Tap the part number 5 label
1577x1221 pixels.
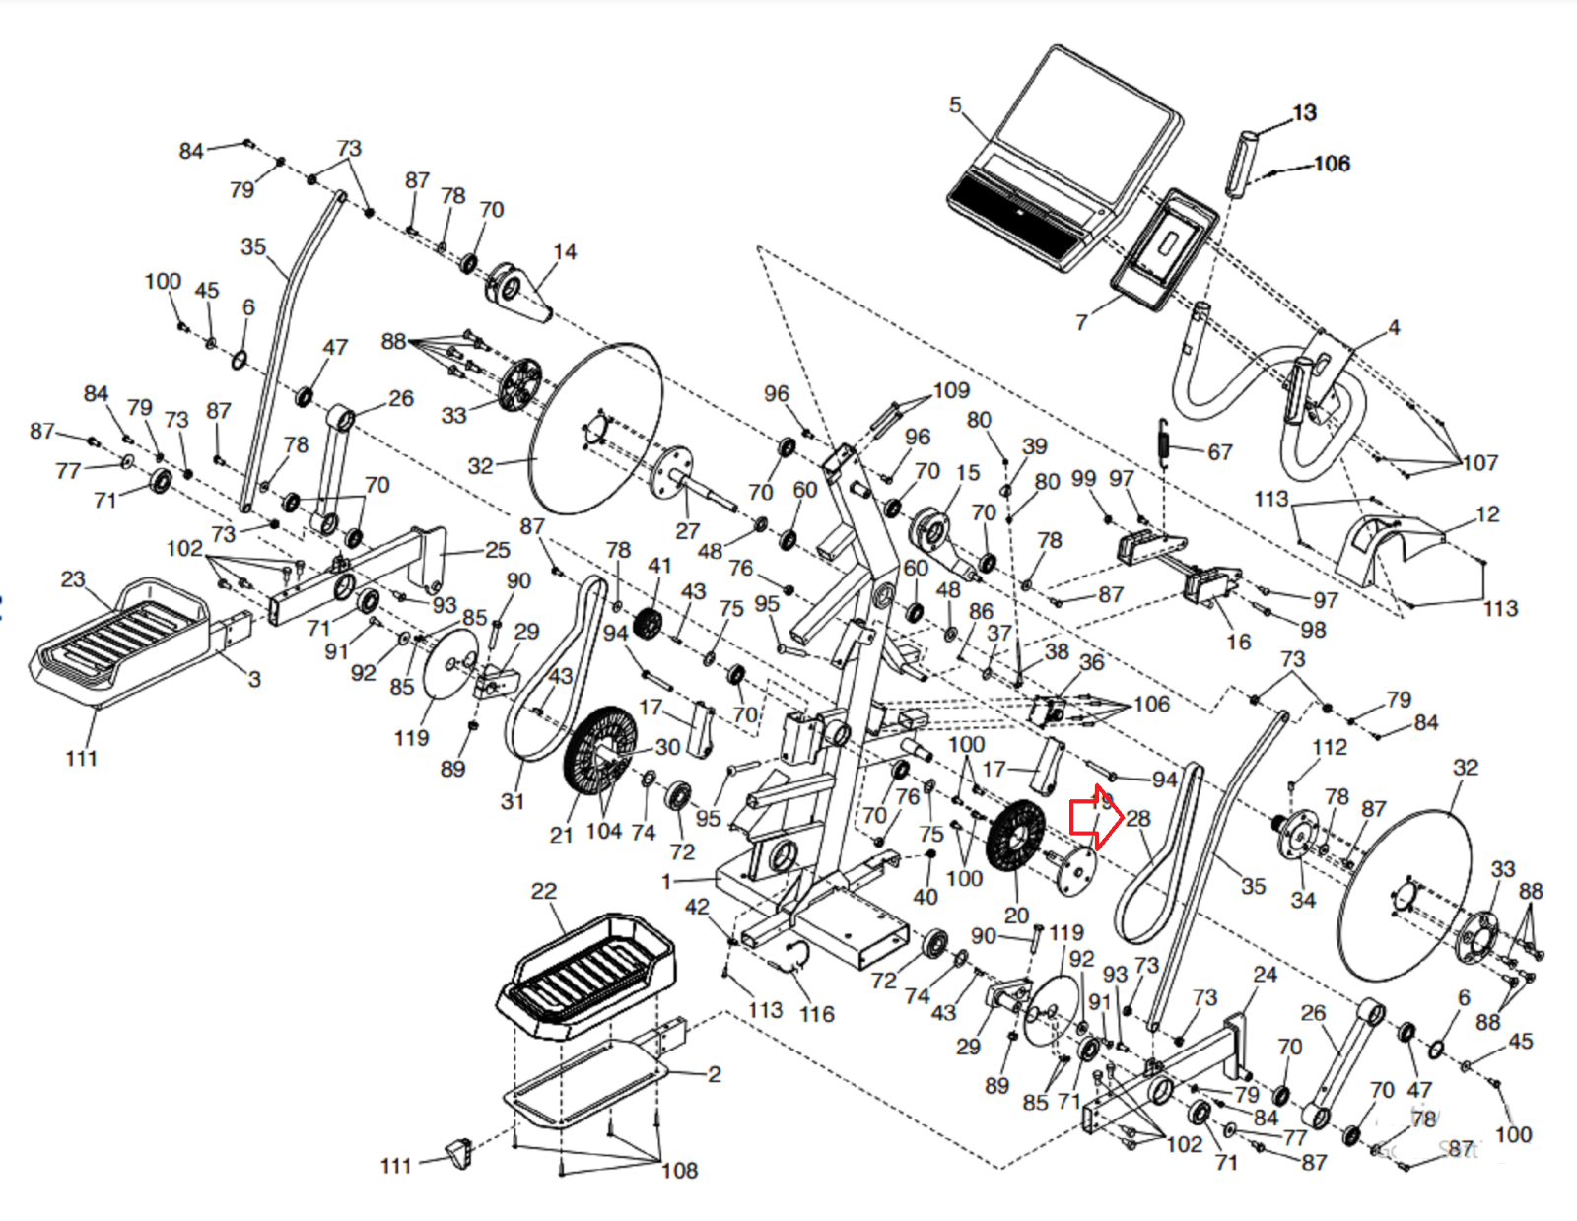[x=954, y=104]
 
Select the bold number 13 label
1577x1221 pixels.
[x=1304, y=112]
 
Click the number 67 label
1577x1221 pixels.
[x=1219, y=452]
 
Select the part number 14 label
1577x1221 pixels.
[x=564, y=252]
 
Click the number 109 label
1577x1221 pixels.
[x=950, y=390]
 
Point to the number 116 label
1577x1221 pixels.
[x=816, y=1014]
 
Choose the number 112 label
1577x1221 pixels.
[x=1329, y=747]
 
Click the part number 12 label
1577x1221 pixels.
[x=1487, y=513]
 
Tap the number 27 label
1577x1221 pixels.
[x=687, y=530]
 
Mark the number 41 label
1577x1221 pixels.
[x=659, y=566]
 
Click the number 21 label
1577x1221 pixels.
[x=561, y=835]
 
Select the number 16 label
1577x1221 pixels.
[x=1238, y=642]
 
